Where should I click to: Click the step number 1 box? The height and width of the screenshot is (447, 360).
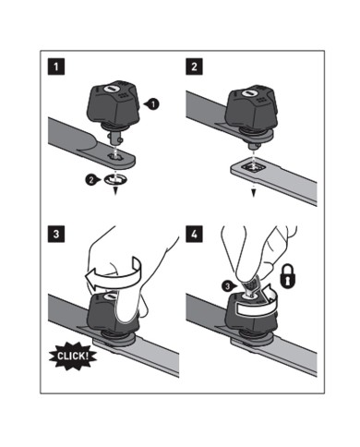pyautogui.click(x=56, y=67)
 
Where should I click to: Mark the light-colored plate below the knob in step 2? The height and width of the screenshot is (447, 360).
pyautogui.click(x=253, y=169)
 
